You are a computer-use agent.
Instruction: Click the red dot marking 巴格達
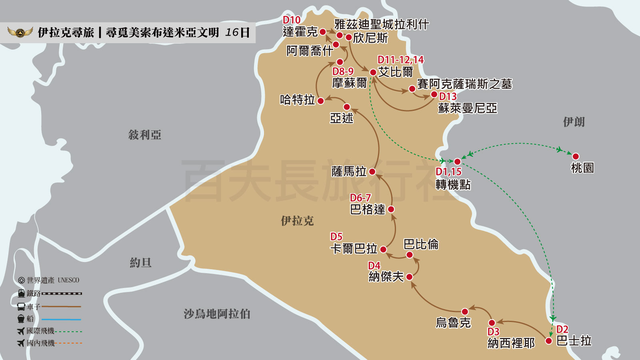tap(391, 209)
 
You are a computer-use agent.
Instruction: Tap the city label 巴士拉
tap(574, 341)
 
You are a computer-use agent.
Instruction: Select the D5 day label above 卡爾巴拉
tap(336, 237)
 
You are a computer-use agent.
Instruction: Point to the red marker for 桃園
tap(576, 156)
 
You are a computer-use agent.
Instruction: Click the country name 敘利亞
tap(144, 135)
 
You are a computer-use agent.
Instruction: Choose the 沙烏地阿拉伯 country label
tap(217, 314)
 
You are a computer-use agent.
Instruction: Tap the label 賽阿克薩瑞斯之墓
tap(464, 84)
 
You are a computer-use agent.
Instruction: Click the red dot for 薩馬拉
tap(372, 172)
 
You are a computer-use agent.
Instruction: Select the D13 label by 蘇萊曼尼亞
tap(448, 96)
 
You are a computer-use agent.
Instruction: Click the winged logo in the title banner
tap(20, 32)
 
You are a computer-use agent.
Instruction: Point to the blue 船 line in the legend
tap(61, 319)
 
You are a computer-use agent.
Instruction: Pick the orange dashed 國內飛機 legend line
tap(68, 343)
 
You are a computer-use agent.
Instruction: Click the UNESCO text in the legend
tap(68, 280)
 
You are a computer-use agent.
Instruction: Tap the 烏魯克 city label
tap(453, 323)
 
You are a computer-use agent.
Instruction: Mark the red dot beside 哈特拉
tap(320, 101)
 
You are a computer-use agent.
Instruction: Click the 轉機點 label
tap(453, 185)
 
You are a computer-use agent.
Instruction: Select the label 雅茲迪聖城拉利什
tap(382, 24)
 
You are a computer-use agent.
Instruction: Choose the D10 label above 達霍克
tap(292, 20)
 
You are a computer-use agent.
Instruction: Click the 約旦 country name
tap(140, 263)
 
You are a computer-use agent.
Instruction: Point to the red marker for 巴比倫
tap(409, 255)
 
